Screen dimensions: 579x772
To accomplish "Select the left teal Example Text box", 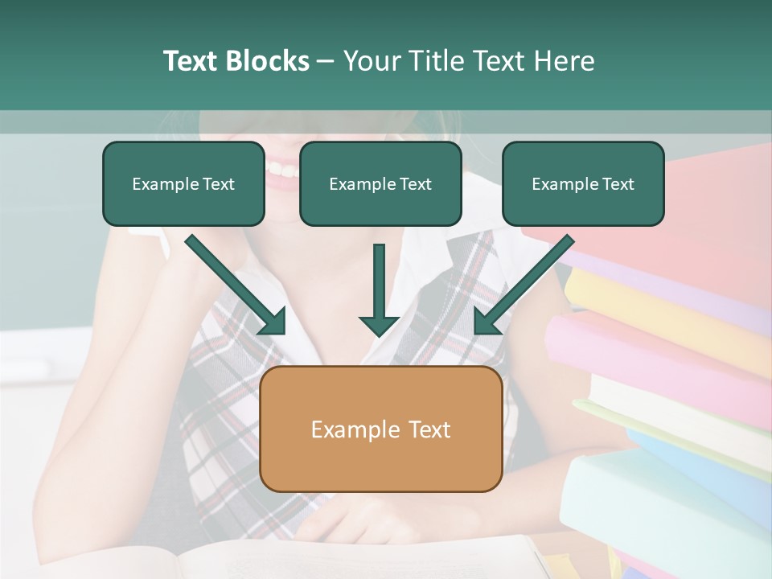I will click(x=183, y=183).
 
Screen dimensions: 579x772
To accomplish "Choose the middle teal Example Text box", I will click(x=380, y=183).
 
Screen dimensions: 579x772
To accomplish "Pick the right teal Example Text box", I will click(x=583, y=183).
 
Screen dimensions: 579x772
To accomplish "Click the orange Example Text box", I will click(x=380, y=429).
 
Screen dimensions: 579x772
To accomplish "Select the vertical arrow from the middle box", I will click(x=379, y=289).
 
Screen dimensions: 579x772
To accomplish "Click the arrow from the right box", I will click(x=523, y=285).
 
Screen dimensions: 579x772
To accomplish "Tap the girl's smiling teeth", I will click(x=281, y=170).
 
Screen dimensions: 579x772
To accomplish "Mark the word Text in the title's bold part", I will click(x=191, y=61).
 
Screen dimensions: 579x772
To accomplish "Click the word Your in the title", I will click(x=371, y=61).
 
